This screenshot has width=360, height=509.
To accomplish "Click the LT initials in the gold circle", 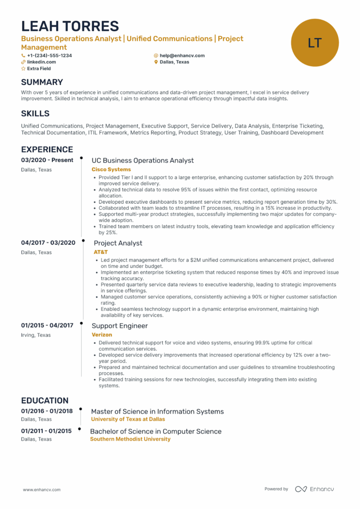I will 315,43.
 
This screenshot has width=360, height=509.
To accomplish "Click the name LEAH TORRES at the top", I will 70,26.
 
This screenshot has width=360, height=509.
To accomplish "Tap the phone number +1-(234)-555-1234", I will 49,56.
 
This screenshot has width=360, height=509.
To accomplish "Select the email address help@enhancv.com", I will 182,56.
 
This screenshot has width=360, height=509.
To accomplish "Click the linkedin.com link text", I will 41,62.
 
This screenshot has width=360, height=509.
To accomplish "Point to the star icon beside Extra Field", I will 23,69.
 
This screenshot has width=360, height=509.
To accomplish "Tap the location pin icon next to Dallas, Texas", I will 156,62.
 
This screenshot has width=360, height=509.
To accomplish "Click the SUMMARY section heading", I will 42,82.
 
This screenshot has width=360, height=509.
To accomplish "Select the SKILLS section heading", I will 35,114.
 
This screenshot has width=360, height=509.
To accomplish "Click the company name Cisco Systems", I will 111,170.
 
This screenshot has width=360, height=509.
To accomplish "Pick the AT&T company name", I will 100,252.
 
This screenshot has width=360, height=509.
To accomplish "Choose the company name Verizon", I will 101,335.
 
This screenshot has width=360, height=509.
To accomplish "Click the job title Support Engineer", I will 119,326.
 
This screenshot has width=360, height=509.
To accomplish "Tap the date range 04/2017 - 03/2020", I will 48,243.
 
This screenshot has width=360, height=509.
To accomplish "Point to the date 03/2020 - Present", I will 47,160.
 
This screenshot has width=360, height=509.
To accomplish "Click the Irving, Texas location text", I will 36,335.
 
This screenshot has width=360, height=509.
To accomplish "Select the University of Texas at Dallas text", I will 128,419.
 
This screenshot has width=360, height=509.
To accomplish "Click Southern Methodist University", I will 130,439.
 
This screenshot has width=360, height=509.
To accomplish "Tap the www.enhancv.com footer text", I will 42,490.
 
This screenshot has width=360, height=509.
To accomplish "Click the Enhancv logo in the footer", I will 314,489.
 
